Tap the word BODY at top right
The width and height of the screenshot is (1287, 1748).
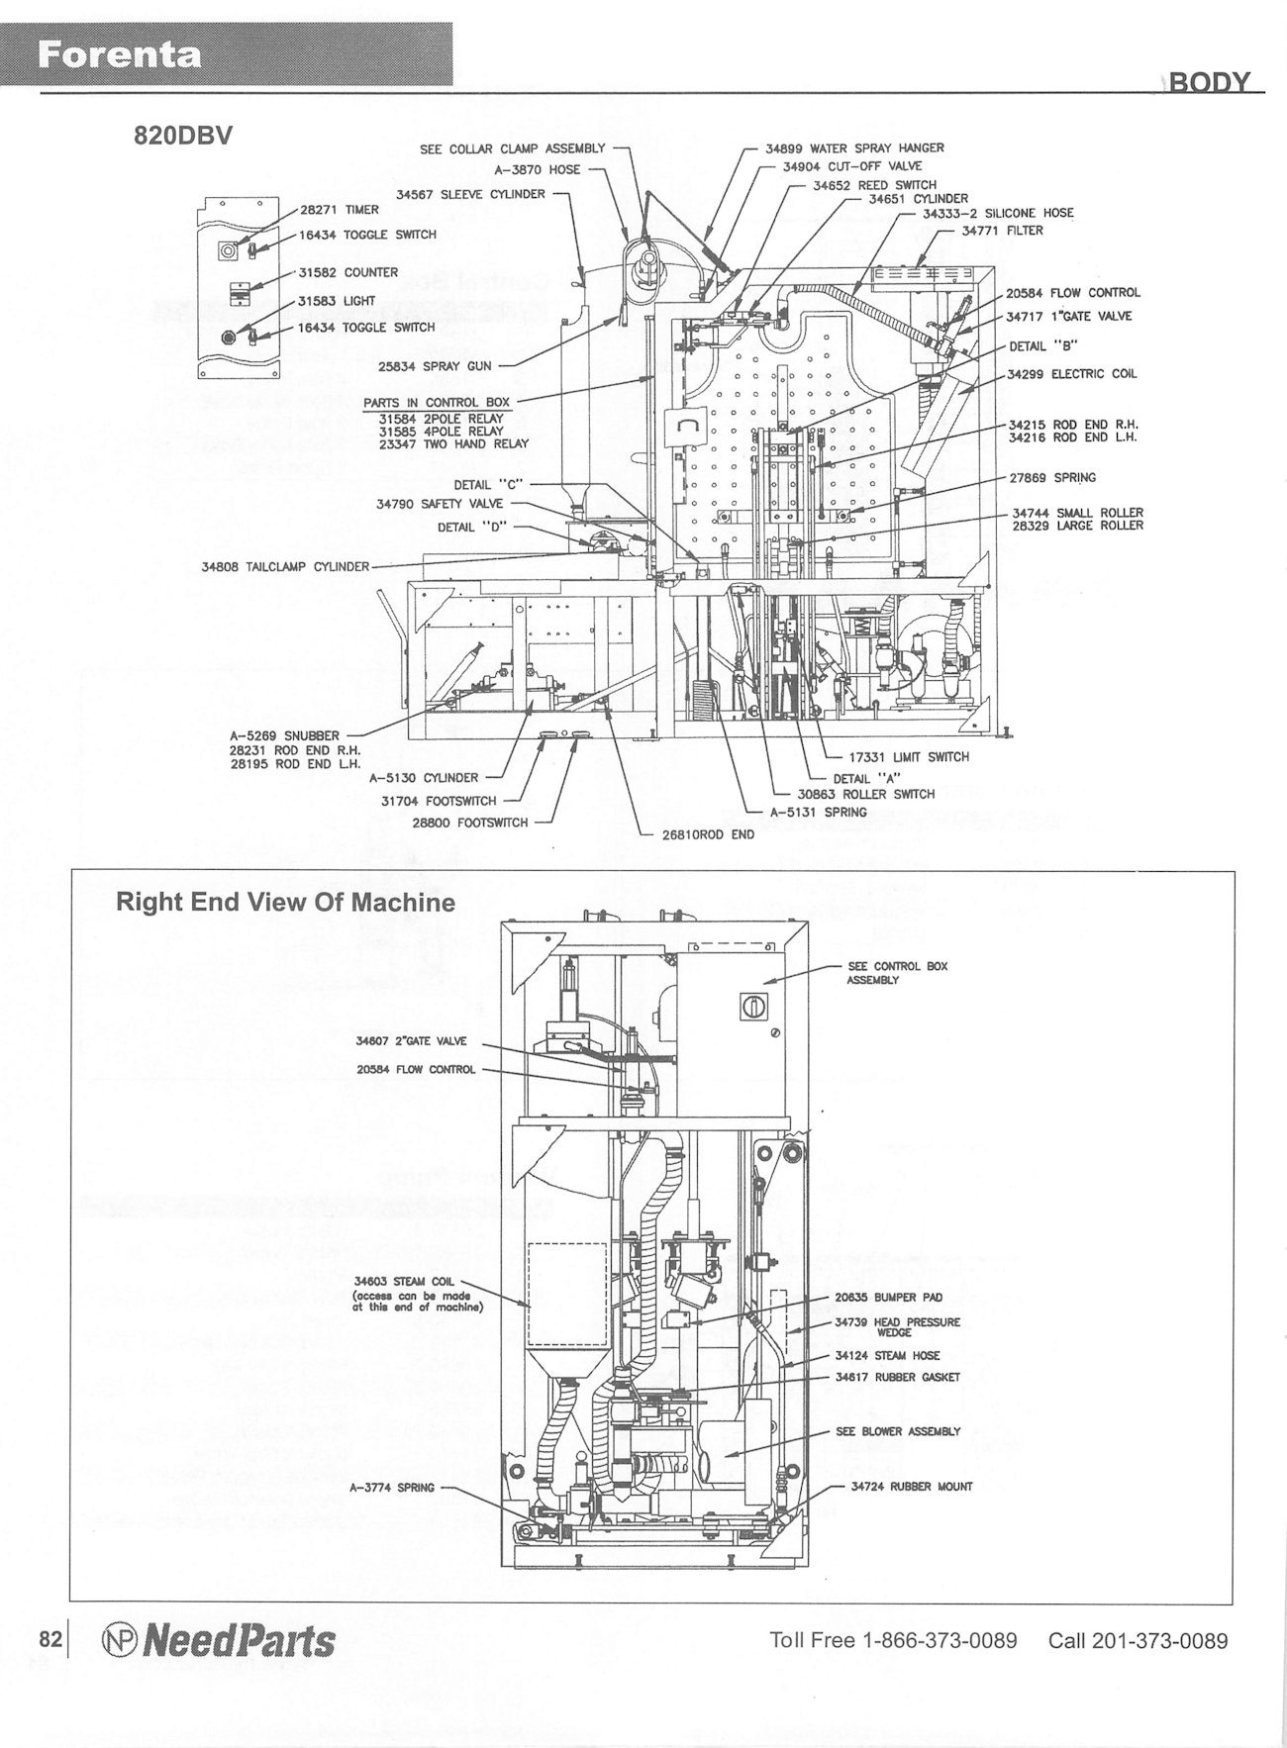coord(1210,82)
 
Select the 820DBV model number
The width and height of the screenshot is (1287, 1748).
coord(183,137)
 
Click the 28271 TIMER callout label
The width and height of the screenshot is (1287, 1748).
coord(340,210)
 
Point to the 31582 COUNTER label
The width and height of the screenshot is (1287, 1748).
coord(347,272)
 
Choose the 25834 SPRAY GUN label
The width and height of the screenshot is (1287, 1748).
coord(435,366)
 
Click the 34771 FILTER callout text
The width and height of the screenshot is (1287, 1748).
coord(1002,231)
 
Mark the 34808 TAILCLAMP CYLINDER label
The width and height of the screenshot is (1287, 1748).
coord(285,567)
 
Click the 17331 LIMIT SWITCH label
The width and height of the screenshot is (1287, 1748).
coord(901,757)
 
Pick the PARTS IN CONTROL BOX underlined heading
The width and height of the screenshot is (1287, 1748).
coord(437,403)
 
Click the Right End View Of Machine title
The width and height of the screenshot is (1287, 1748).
coord(286,903)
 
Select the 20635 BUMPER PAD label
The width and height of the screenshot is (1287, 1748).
coord(888,1297)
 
